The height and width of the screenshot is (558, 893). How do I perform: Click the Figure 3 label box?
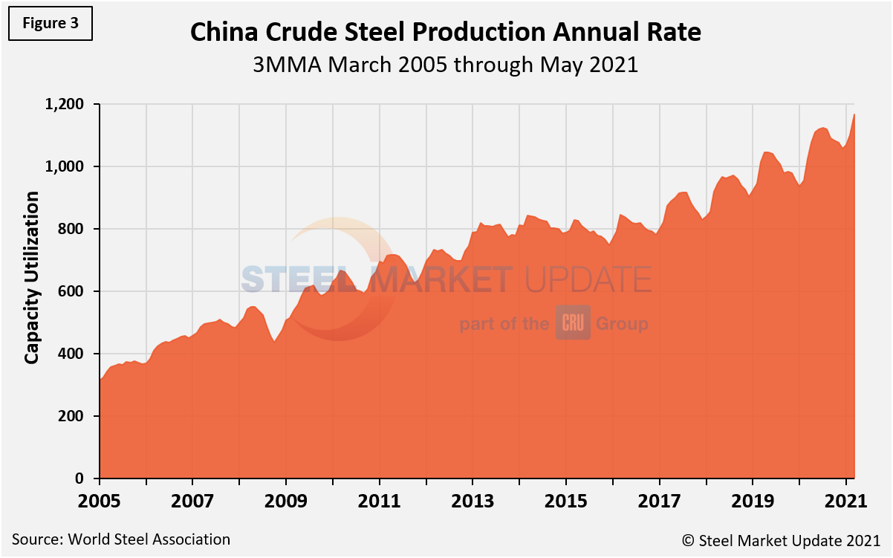[x=51, y=22]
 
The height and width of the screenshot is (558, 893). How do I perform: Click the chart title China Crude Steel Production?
[x=446, y=32]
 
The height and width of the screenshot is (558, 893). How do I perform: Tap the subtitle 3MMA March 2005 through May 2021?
[x=446, y=65]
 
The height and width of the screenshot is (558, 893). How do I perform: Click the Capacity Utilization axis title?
[x=31, y=277]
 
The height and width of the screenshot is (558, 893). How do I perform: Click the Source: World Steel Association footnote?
[x=120, y=539]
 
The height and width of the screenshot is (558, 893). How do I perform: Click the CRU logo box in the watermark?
[x=573, y=323]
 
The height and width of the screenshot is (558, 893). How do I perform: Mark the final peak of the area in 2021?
[x=854, y=114]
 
